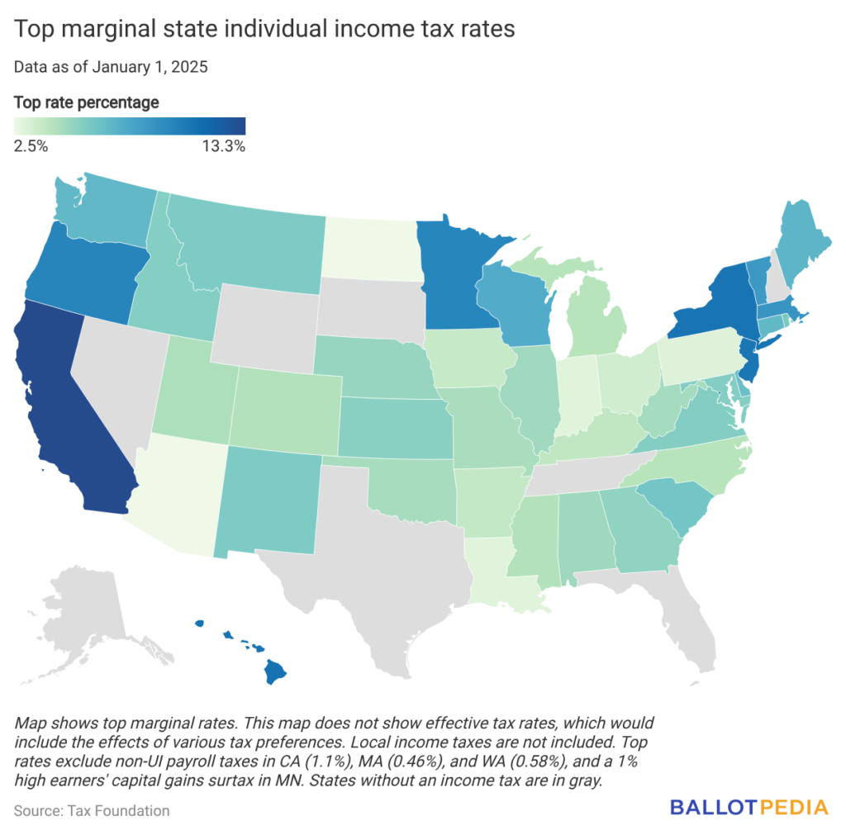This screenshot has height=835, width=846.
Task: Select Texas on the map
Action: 372,562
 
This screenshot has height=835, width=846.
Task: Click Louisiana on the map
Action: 504,570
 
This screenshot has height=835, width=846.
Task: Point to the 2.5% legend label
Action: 31,146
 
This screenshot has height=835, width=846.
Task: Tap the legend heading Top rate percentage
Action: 87,103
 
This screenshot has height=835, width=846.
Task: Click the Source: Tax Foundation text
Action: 92,810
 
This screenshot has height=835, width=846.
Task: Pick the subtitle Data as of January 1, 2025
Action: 110,67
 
